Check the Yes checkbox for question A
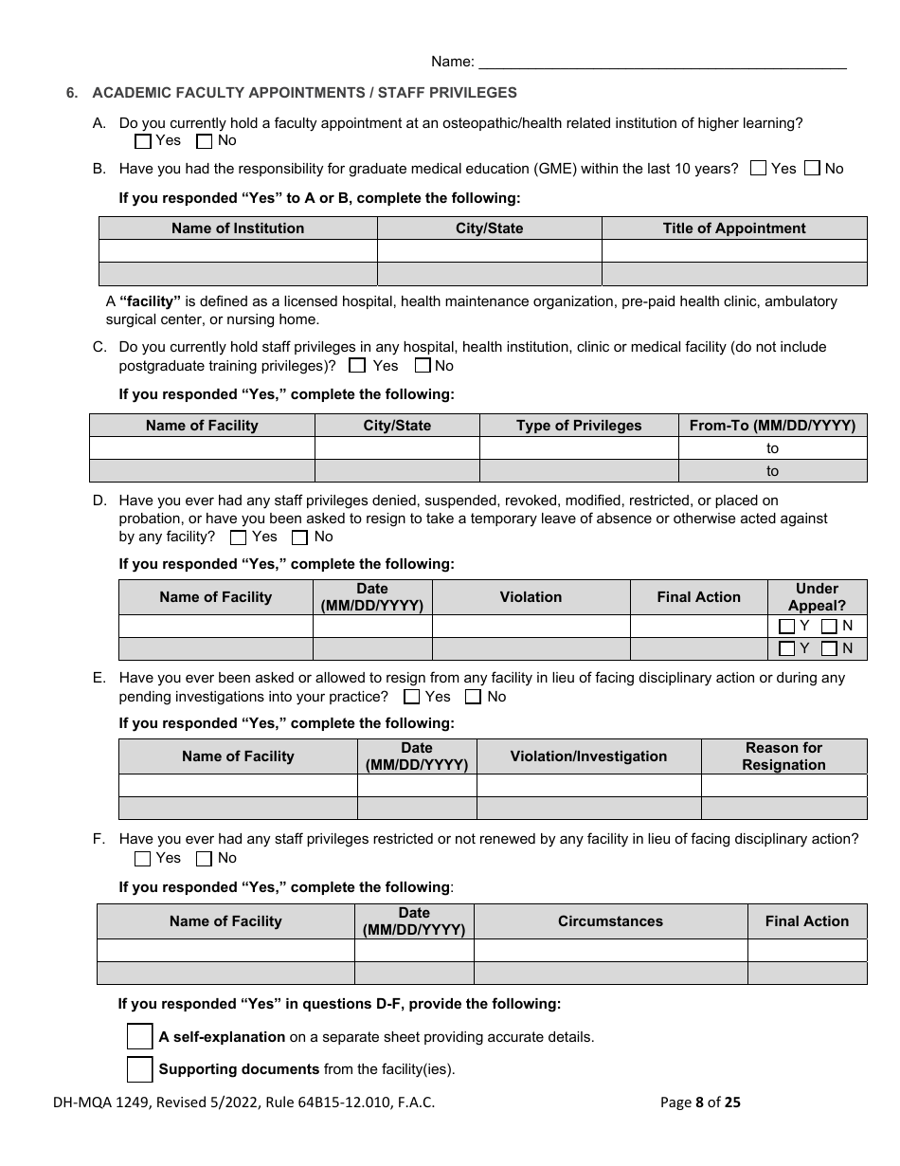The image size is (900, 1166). click(143, 141)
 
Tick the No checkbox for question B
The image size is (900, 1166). click(812, 169)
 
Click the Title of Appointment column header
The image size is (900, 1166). click(734, 228)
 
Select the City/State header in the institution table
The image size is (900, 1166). click(489, 228)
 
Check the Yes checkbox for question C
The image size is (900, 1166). click(357, 366)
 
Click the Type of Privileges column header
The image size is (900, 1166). click(579, 426)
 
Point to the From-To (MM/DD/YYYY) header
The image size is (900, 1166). click(772, 426)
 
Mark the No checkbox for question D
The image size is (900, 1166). click(300, 537)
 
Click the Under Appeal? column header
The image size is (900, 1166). click(817, 597)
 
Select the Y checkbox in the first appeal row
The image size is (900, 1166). click(786, 627)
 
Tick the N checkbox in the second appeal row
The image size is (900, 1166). click(829, 649)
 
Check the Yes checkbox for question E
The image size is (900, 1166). click(412, 698)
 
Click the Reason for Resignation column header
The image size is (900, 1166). click(783, 756)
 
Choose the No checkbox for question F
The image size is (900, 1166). click(204, 859)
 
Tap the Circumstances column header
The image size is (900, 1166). click(610, 921)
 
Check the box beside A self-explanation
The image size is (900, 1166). click(140, 1037)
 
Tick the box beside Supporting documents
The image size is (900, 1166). click(140, 1069)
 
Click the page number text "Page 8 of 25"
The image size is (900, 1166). click(700, 1102)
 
